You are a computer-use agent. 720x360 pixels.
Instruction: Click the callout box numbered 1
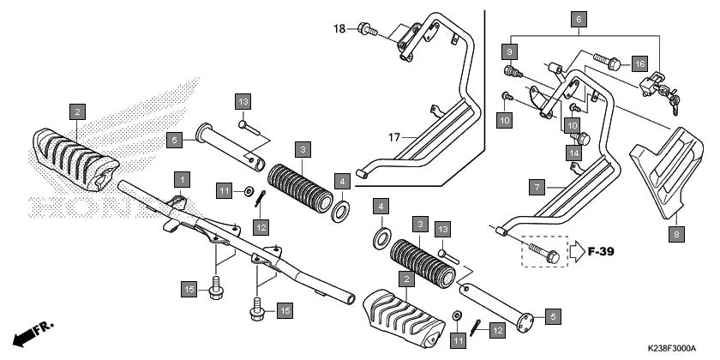pos(181,179)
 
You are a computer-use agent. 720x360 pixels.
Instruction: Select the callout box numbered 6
pos(579,18)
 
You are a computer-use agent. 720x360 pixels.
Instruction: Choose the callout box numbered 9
pos(509,49)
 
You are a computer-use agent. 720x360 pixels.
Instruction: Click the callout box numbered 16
pos(639,63)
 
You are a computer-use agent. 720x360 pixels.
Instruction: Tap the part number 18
pos(340,29)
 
